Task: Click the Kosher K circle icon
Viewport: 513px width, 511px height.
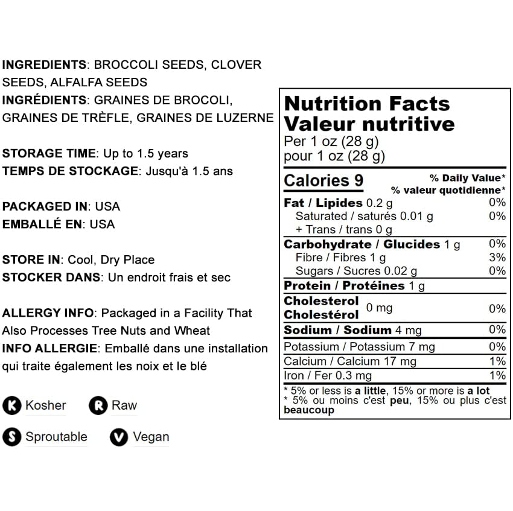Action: (11, 406)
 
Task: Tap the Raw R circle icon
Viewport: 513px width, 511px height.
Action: (98, 406)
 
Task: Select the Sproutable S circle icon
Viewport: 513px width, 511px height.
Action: (11, 437)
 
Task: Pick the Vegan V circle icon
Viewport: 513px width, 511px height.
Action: (119, 437)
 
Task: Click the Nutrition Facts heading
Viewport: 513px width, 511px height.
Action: (367, 104)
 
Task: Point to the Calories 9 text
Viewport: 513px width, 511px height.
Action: (323, 180)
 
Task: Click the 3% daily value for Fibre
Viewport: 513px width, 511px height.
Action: (497, 258)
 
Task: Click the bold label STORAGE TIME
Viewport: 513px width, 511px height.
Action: (49, 153)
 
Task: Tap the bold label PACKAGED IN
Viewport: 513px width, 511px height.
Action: (45, 206)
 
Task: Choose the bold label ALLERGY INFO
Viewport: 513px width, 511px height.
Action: (48, 313)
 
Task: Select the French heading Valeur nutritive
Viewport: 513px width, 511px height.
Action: (369, 124)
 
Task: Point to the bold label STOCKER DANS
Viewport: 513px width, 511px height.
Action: (51, 278)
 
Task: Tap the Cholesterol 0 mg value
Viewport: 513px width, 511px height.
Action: (379, 308)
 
